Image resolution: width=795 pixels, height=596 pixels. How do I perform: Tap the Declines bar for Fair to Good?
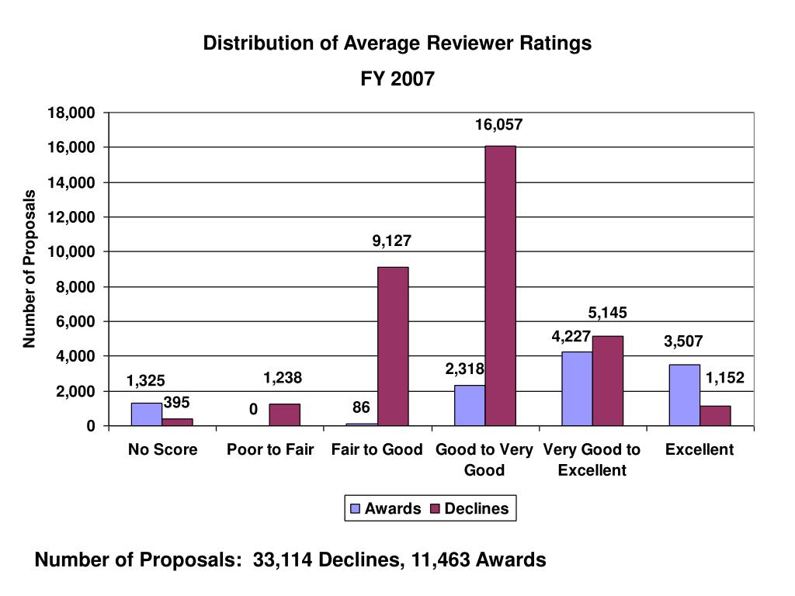point(393,346)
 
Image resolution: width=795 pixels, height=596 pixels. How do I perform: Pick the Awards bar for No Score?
point(147,414)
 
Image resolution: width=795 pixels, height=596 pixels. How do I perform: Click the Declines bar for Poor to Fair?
point(284,414)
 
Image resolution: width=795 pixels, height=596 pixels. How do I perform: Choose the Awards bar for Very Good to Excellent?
point(577,389)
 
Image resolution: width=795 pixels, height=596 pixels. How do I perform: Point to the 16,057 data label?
point(499,124)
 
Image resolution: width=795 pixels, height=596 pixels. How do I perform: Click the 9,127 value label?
point(391,241)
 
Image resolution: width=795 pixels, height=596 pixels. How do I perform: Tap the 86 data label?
point(360,407)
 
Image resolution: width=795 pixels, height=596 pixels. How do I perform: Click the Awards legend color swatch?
point(356,509)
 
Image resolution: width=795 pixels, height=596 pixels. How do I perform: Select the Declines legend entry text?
point(477,509)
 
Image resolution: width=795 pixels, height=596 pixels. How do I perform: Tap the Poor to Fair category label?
point(270,449)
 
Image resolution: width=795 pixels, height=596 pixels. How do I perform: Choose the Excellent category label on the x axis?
point(699,449)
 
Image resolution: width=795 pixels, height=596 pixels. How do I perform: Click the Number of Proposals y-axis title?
point(30,269)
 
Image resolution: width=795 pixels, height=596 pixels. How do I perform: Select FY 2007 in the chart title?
point(397,78)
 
